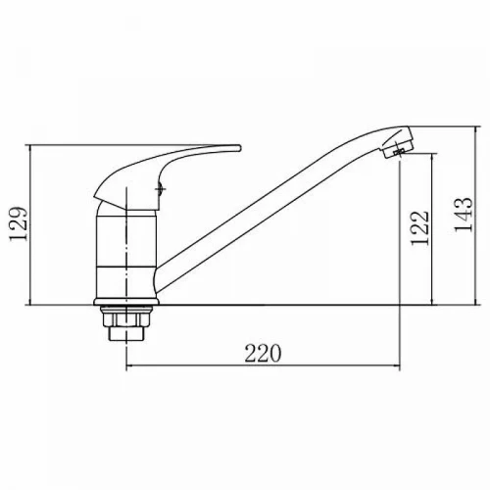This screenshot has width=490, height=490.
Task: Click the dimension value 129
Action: click(x=18, y=224)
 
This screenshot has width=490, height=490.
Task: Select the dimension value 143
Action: click(x=464, y=215)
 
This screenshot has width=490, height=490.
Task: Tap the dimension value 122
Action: click(x=419, y=227)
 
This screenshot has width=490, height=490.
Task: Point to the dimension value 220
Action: click(x=263, y=353)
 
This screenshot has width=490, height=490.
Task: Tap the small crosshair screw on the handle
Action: click(x=161, y=188)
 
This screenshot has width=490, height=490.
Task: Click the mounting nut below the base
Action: click(x=126, y=317)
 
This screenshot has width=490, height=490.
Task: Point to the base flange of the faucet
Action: click(x=126, y=302)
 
